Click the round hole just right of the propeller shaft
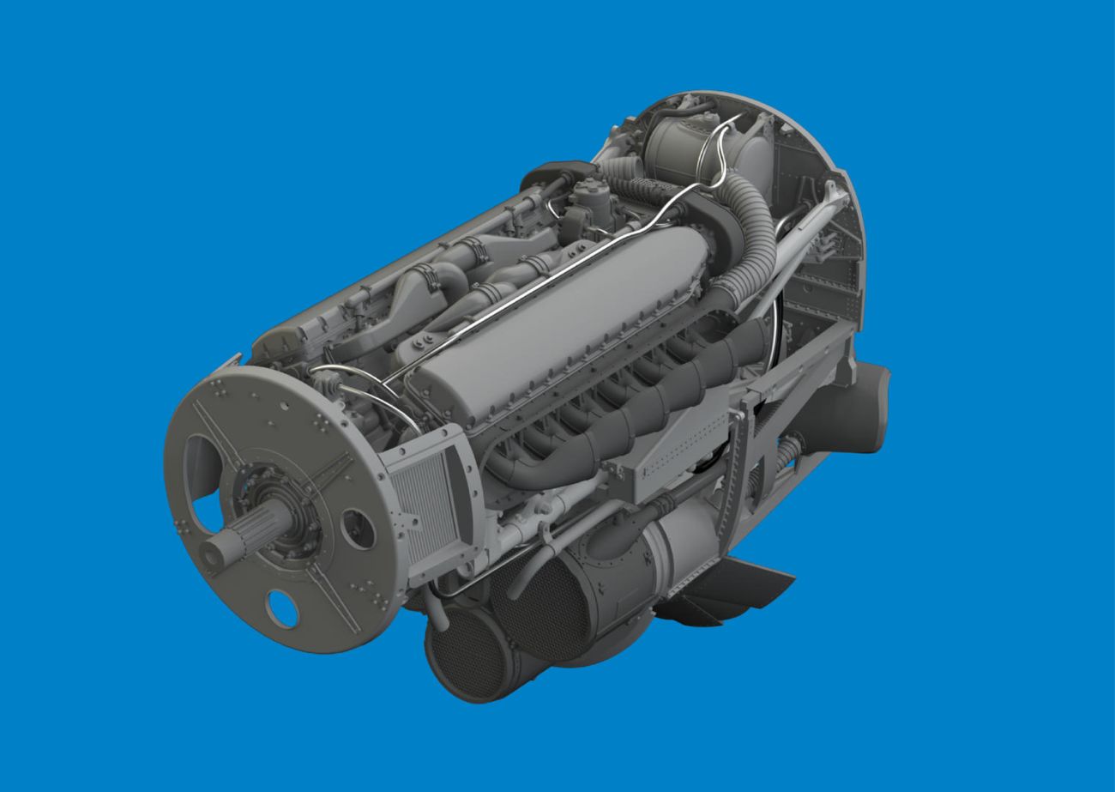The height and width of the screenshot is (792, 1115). pyautogui.click(x=357, y=529)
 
